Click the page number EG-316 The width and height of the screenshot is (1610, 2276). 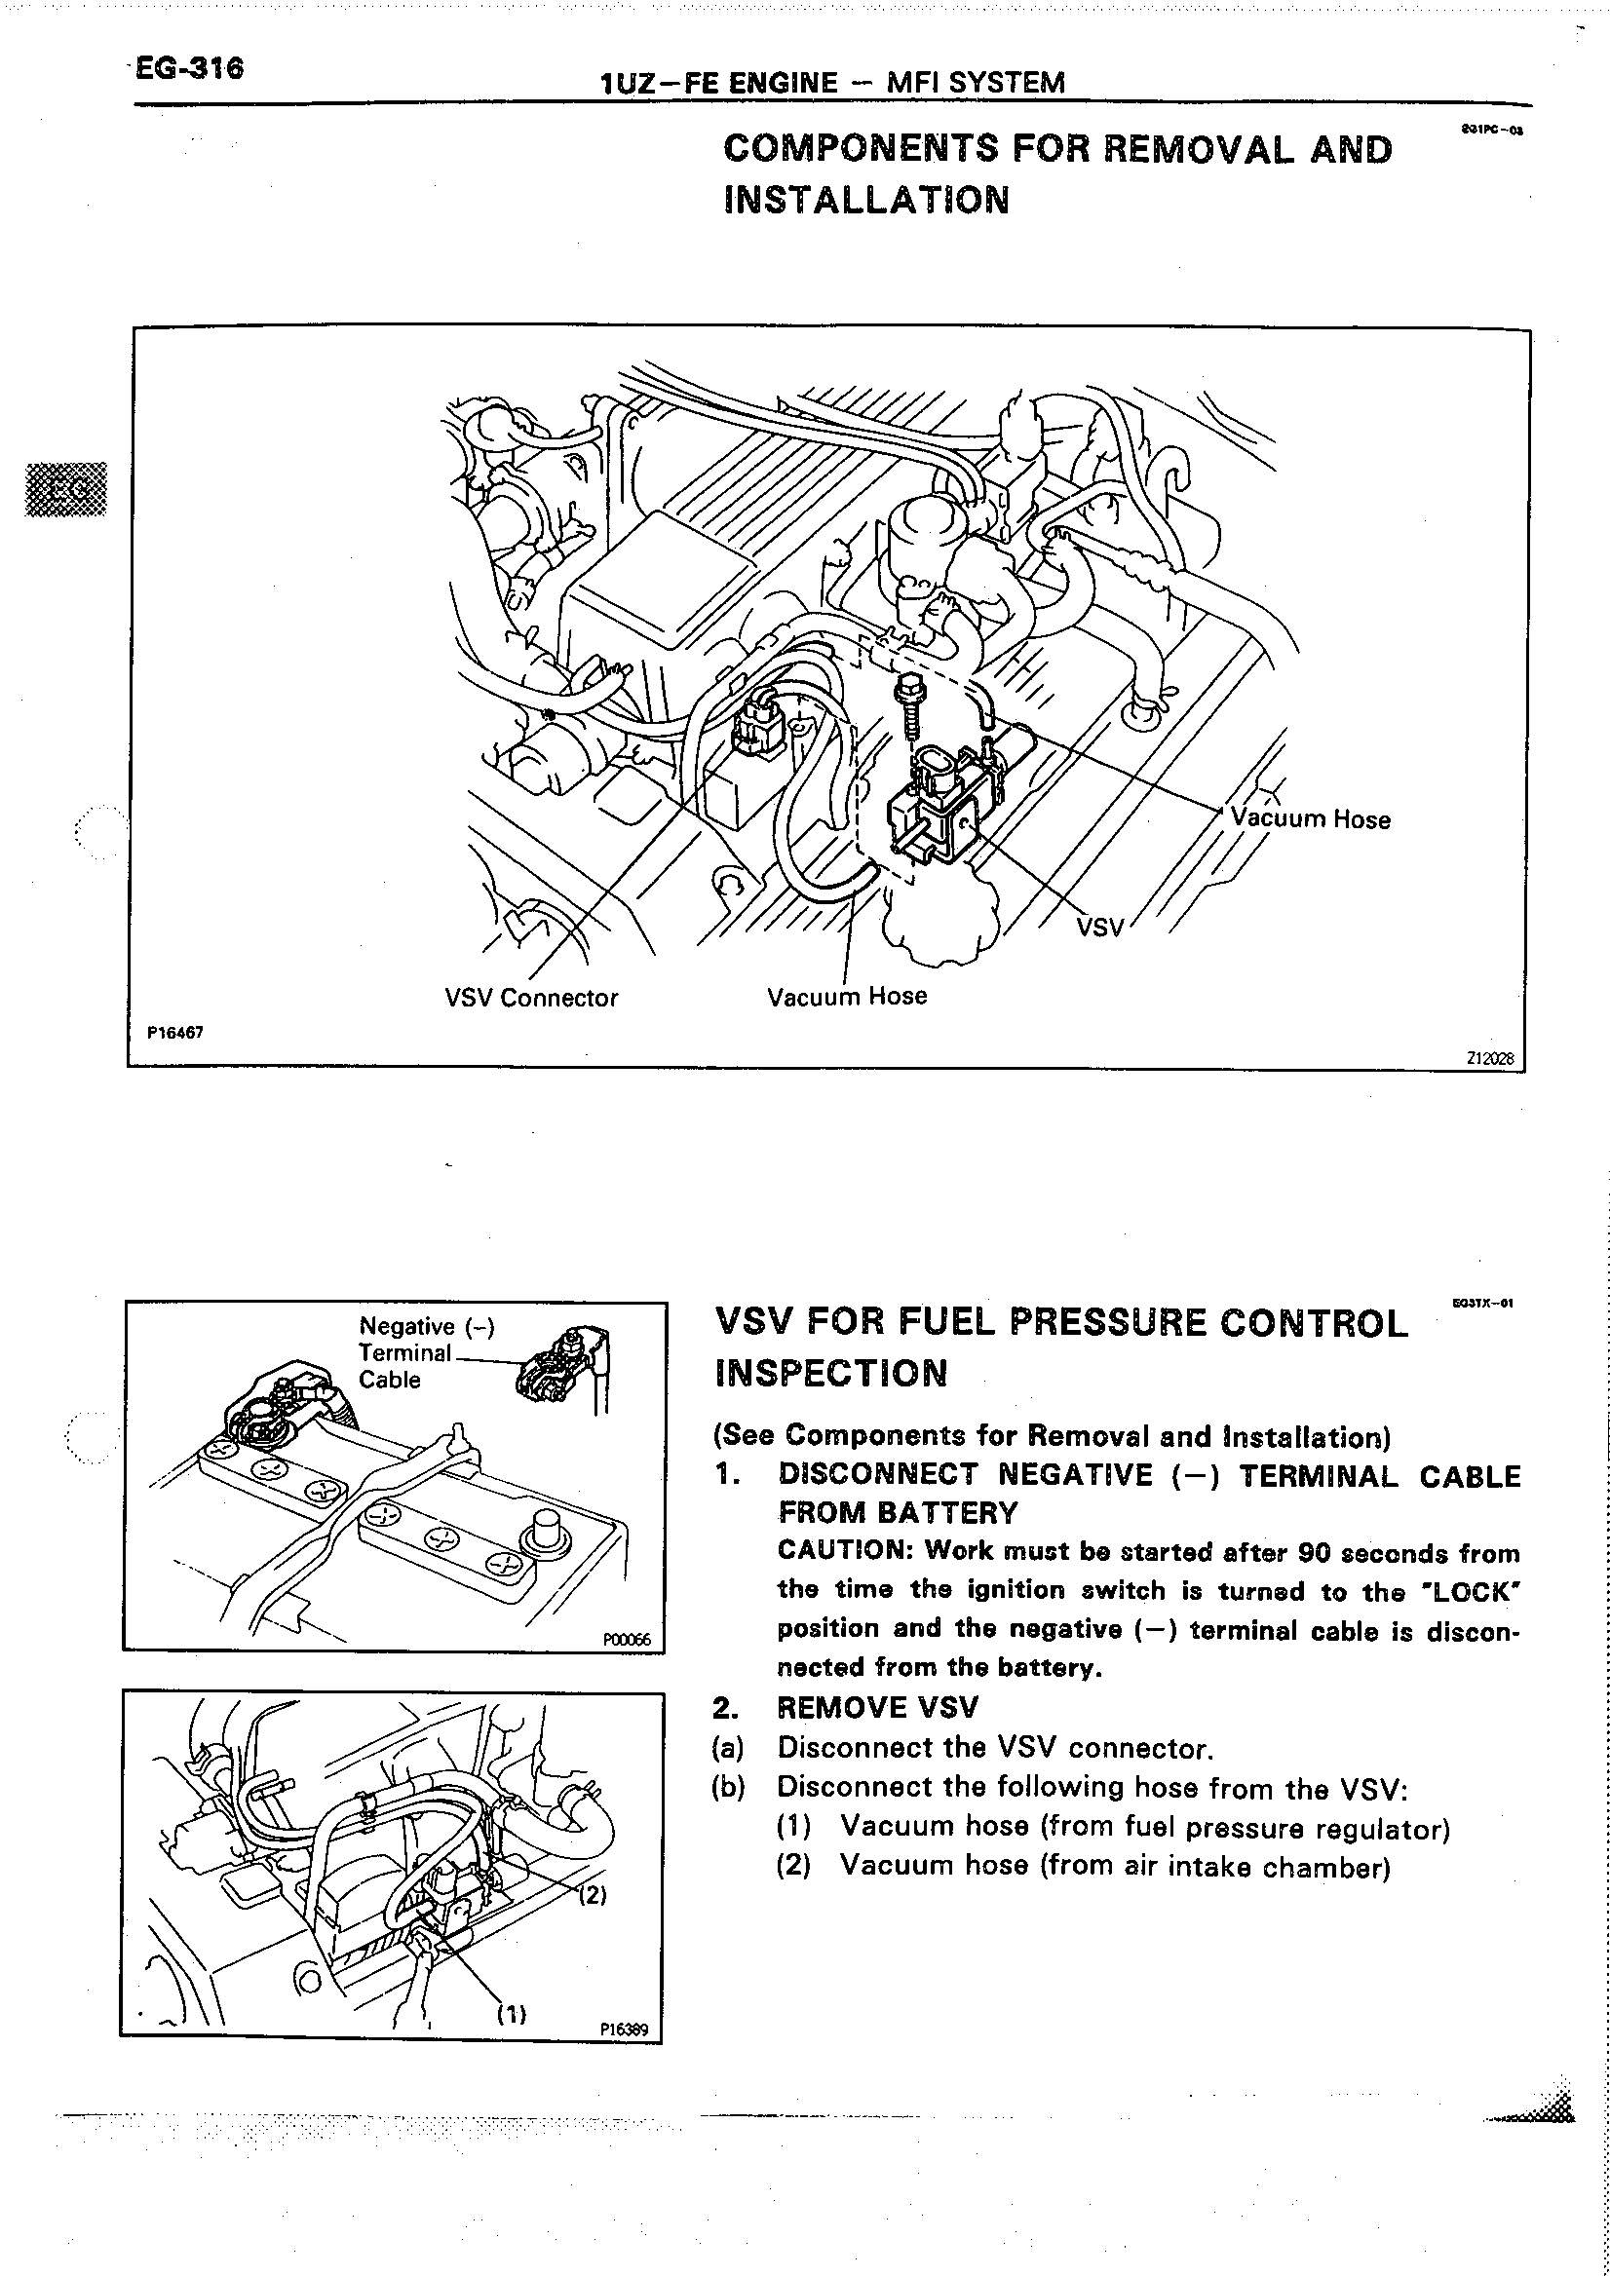[189, 68]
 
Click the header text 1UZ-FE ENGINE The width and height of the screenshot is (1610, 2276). [719, 83]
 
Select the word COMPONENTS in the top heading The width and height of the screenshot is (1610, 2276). [861, 150]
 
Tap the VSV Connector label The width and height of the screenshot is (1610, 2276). [530, 998]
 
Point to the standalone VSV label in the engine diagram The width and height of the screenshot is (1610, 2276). [1099, 927]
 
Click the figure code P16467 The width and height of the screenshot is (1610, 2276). [174, 1032]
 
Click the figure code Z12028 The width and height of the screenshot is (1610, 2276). [1490, 1058]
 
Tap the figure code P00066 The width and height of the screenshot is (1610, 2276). [627, 1640]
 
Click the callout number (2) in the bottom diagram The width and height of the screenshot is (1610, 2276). [591, 1894]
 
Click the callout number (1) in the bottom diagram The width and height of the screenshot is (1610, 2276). [511, 2013]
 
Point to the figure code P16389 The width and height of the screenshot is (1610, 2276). [624, 2029]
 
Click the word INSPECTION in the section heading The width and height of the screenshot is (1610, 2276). [830, 1373]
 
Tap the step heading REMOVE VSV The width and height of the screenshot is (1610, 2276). [877, 1707]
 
